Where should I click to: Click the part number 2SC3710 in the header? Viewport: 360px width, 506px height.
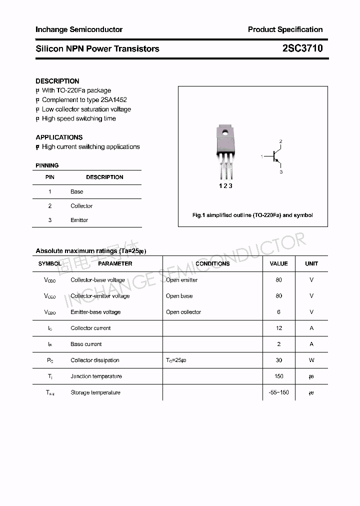point(302,48)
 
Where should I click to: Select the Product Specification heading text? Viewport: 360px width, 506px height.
point(285,29)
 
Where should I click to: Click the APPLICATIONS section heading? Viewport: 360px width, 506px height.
point(59,137)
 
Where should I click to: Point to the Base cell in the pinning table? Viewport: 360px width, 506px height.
point(77,191)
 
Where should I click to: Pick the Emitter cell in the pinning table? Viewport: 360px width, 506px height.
point(79,220)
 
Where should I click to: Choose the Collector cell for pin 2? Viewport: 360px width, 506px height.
point(81,206)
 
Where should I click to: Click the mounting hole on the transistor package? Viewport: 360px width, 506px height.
point(225,133)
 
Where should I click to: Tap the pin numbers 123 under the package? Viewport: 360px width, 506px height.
point(225,186)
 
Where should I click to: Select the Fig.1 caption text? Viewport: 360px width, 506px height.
point(252,215)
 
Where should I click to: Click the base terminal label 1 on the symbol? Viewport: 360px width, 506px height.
point(261,157)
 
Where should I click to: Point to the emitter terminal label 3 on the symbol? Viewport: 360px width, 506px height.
point(281,172)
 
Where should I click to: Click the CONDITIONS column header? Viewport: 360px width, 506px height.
point(212,263)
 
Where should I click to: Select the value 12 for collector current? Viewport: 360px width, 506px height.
point(278,328)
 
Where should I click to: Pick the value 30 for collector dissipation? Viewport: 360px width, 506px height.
point(278,360)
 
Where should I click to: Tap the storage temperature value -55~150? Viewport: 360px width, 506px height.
point(278,392)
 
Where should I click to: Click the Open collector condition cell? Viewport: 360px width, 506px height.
point(183,312)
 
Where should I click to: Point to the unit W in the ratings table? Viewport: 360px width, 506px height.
point(311,360)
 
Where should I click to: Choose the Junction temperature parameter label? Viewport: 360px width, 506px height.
point(96,376)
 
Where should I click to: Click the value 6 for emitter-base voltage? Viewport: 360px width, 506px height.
point(278,312)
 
